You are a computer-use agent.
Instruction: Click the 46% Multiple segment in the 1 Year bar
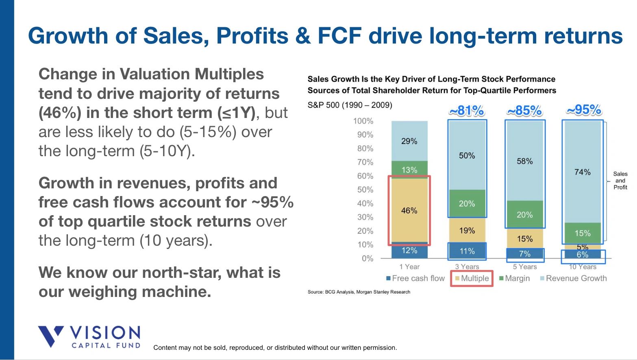pyautogui.click(x=409, y=210)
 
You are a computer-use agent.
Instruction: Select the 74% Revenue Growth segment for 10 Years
pyautogui.click(x=582, y=172)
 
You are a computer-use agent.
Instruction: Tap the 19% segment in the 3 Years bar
pyautogui.click(x=467, y=230)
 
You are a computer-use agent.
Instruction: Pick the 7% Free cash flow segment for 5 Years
pyautogui.click(x=524, y=254)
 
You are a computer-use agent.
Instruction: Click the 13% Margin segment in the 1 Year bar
pyautogui.click(x=409, y=170)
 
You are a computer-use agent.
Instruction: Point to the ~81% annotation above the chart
pyautogui.click(x=467, y=110)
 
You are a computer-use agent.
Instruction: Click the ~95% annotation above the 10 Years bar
pyautogui.click(x=584, y=109)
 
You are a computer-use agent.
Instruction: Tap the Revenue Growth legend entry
pyautogui.click(x=573, y=279)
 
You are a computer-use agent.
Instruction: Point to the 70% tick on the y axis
pyautogui.click(x=365, y=162)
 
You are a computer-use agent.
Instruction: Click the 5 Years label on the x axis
pyautogui.click(x=524, y=267)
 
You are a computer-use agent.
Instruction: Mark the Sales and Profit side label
pyautogui.click(x=620, y=180)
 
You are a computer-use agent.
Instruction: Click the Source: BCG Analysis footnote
pyautogui.click(x=359, y=292)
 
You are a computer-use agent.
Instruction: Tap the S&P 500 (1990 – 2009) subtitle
pyautogui.click(x=350, y=105)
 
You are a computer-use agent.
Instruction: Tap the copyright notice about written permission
pyautogui.click(x=275, y=347)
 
